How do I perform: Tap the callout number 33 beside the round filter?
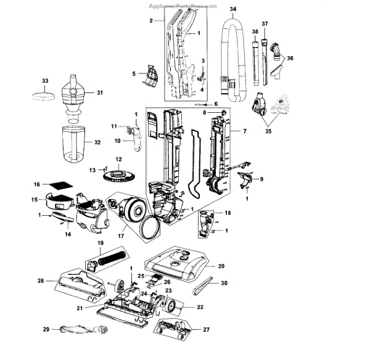(x=44, y=81)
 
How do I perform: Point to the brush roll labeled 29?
(x=80, y=330)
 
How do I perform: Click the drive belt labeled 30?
(x=203, y=286)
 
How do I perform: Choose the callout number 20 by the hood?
(x=221, y=266)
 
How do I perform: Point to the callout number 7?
(x=244, y=132)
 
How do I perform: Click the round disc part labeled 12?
(x=119, y=173)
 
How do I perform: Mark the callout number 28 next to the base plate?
(x=40, y=281)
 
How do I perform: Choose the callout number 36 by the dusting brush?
(x=290, y=58)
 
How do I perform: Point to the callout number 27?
(x=207, y=329)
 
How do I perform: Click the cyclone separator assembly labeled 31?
(x=75, y=93)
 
